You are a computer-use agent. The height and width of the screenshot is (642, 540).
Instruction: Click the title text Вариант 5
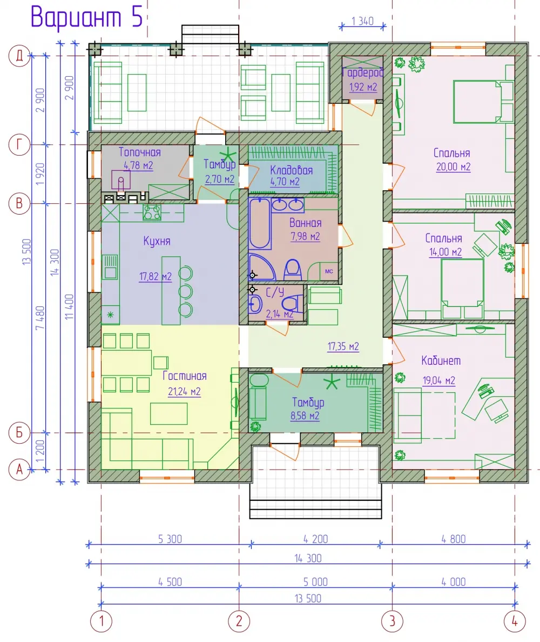86,17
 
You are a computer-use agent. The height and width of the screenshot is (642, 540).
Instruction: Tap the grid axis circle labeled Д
19,56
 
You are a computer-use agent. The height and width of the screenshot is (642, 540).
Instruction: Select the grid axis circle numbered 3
392,621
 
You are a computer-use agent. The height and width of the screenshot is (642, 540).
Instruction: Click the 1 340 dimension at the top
362,21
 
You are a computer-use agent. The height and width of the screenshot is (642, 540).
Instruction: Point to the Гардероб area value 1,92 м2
363,87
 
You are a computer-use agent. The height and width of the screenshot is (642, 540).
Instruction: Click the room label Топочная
139,152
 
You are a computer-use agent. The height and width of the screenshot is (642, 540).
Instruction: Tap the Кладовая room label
291,170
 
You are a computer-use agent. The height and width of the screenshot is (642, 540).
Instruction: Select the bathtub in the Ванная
260,224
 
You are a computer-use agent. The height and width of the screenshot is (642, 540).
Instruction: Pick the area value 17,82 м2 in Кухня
155,277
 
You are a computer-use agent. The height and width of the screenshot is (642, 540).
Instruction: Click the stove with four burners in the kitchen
152,212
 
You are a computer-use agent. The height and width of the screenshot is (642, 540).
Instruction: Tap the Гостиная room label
185,376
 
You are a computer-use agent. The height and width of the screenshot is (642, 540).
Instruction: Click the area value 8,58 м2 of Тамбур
305,416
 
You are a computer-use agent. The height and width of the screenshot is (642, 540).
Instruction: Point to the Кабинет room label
441,360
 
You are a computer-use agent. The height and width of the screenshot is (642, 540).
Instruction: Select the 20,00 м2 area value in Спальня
453,167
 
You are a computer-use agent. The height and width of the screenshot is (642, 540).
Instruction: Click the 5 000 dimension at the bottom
315,582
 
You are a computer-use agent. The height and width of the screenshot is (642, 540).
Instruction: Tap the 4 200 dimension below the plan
315,539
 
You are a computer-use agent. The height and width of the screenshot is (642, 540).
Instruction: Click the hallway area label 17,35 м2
343,347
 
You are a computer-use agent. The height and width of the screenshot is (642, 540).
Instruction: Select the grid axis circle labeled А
19,469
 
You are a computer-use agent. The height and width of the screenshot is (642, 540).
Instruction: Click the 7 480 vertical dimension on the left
39,318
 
